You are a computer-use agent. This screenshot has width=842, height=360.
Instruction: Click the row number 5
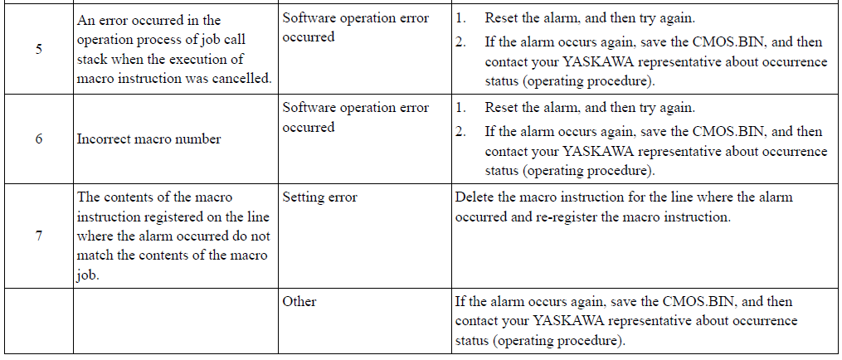[x=39, y=50]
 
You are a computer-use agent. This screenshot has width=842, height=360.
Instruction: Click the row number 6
[x=39, y=139]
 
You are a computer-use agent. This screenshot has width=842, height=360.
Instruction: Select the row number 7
[x=39, y=236]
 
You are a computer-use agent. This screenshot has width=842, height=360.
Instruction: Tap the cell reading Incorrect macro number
[x=148, y=139]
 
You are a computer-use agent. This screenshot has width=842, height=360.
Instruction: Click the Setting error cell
[x=319, y=197]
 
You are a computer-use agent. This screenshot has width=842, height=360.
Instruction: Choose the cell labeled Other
[x=299, y=301]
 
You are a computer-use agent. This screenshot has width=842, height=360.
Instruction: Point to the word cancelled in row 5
[x=242, y=79]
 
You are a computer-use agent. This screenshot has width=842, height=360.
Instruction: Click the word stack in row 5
[x=91, y=59]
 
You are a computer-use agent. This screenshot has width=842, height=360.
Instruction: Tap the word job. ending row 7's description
[x=88, y=276]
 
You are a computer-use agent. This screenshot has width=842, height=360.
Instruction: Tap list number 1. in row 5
[x=460, y=18]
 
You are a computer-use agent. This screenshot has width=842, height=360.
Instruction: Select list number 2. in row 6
[x=460, y=132]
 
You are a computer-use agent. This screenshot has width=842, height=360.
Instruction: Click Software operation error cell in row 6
[x=356, y=118]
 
